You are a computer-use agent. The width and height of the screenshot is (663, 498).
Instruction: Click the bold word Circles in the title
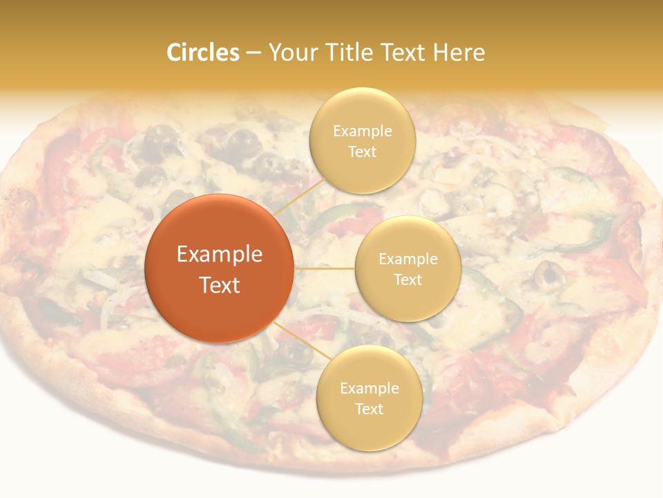click(203, 53)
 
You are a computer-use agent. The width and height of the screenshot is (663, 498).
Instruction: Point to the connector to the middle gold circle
click(324, 268)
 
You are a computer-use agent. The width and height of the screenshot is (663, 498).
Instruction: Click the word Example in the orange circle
click(220, 255)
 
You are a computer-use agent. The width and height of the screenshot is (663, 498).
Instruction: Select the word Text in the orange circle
click(220, 285)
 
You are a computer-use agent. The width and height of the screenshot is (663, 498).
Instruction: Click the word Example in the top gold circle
click(363, 131)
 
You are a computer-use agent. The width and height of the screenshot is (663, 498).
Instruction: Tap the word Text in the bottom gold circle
click(369, 409)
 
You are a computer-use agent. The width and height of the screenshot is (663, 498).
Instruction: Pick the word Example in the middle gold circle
click(407, 259)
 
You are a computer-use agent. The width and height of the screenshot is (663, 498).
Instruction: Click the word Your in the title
click(290, 53)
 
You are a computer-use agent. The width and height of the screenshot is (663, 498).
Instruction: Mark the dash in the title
click(253, 53)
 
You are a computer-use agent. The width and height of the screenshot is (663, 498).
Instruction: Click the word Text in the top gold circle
click(363, 151)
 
